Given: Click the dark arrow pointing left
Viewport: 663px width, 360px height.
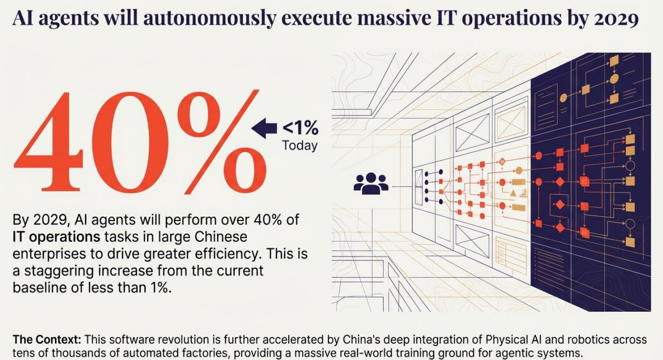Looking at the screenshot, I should coord(264,129).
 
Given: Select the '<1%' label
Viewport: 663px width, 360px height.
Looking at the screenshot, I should coord(300,129).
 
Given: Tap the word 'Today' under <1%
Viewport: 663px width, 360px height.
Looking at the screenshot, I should coord(299,146).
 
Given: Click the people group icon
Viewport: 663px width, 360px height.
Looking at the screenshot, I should coord(371,183).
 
